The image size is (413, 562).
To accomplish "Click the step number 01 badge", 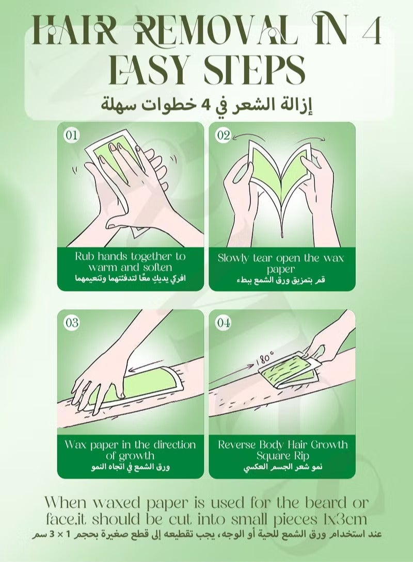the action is coord(71,135).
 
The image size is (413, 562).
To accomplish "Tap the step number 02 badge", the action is coord(223,135).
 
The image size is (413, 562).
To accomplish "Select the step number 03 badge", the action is coord(71,323).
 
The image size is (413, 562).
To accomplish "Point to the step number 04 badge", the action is coord(223,323).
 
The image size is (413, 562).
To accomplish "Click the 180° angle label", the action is coord(265,358).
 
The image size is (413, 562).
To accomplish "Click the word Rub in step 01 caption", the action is coord(84,256).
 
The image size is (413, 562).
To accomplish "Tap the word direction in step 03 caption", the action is coord(174,445).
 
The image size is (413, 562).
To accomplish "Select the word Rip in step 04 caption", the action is coord(302,456).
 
